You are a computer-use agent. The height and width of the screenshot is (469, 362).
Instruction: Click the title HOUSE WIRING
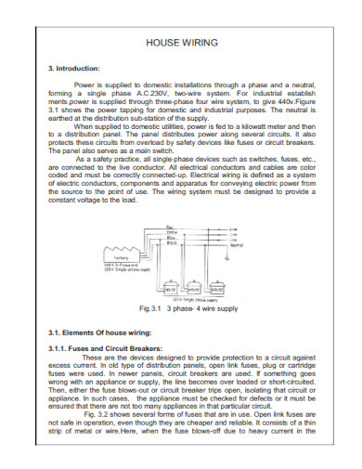click(181, 43)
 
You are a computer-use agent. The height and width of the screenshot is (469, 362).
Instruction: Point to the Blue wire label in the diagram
click(170, 238)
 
